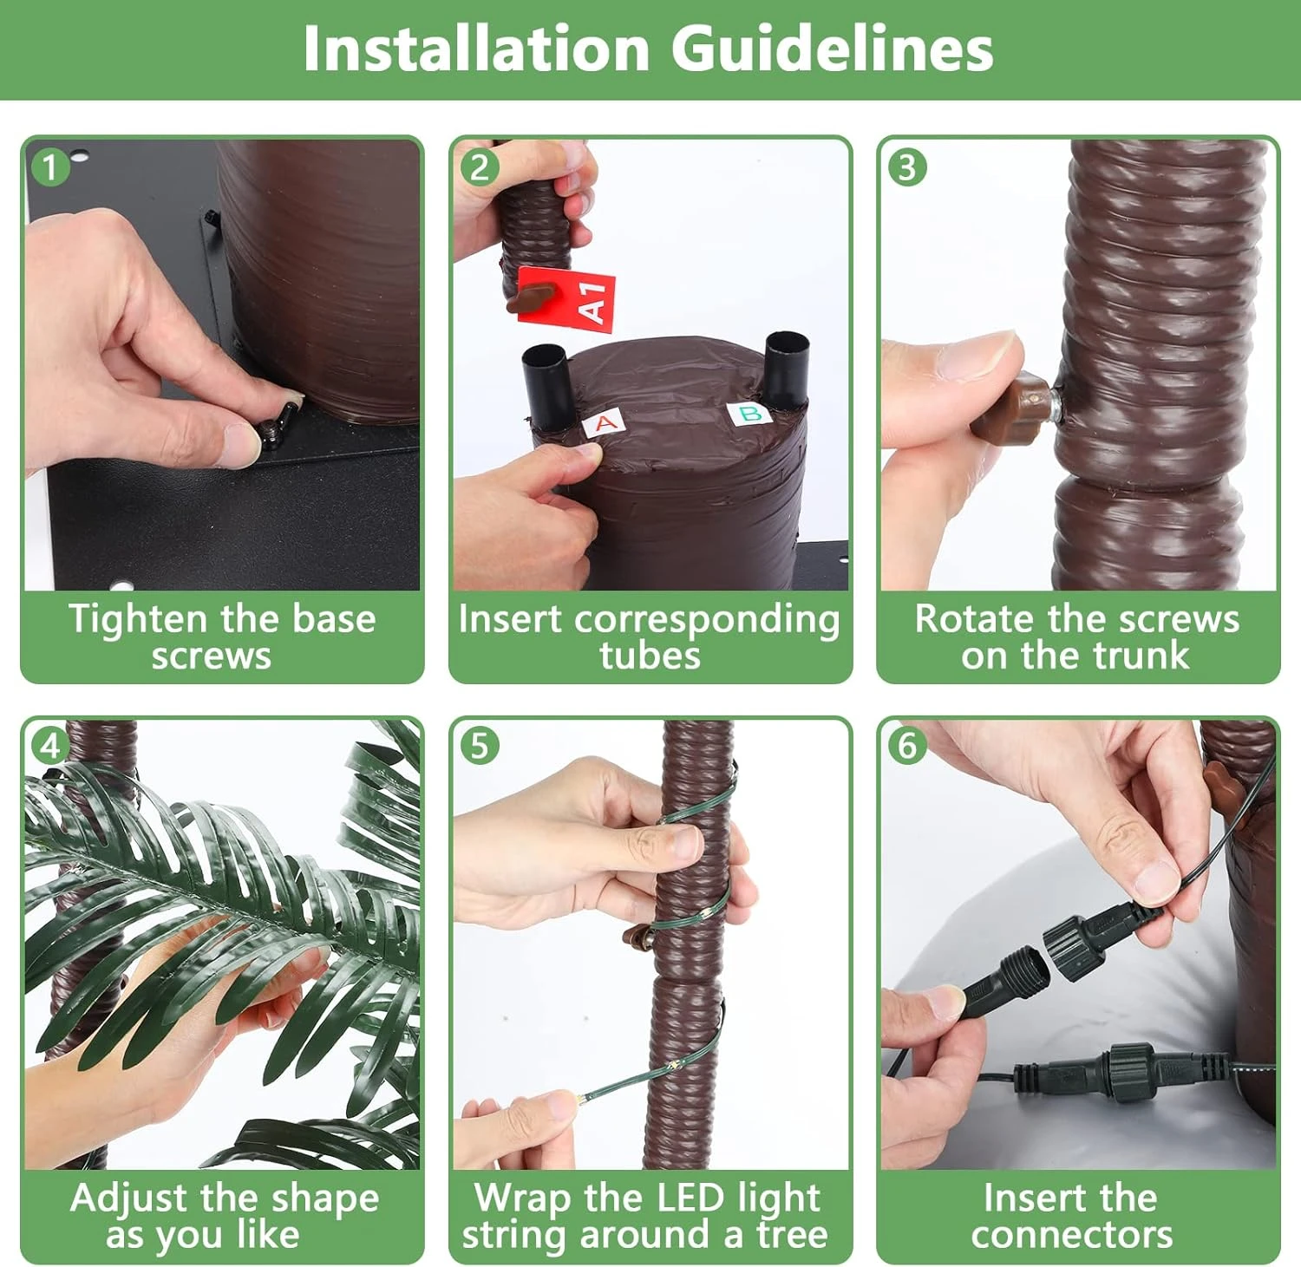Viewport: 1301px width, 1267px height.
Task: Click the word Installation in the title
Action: pyautogui.click(x=476, y=48)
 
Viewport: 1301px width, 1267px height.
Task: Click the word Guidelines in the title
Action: pyautogui.click(x=833, y=48)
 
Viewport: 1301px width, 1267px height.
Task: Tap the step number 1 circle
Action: pyautogui.click(x=50, y=167)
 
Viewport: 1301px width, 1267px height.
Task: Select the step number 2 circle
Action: pyautogui.click(x=480, y=167)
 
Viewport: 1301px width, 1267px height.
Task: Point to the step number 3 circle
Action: pyautogui.click(x=907, y=167)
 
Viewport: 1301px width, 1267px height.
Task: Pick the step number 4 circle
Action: pyautogui.click(x=50, y=746)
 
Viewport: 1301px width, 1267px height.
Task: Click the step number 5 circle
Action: pyautogui.click(x=480, y=746)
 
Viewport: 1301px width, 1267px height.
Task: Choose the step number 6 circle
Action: pyautogui.click(x=907, y=746)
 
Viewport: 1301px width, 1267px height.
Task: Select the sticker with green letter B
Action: pyautogui.click(x=749, y=414)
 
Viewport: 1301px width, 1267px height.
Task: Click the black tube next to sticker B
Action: pyautogui.click(x=786, y=369)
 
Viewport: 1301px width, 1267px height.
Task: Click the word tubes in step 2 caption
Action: pyautogui.click(x=650, y=656)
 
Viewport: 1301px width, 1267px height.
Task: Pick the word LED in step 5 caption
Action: pyautogui.click(x=684, y=1198)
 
